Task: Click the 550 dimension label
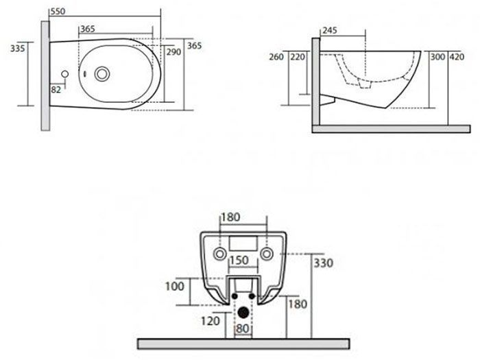58,12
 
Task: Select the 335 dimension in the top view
17,49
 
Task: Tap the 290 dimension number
173,51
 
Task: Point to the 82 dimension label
56,90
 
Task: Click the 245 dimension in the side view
330,30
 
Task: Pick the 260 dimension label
276,57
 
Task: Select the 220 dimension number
298,57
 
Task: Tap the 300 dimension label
437,57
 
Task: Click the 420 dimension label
457,57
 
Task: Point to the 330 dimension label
324,263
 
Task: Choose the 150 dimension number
239,260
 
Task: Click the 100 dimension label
175,286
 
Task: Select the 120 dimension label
211,321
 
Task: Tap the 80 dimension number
242,328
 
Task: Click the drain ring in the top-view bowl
102,74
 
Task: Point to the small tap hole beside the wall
65,74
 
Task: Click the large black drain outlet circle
243,313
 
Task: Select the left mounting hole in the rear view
220,254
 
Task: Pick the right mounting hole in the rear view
267,254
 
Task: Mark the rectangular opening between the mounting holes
243,243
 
